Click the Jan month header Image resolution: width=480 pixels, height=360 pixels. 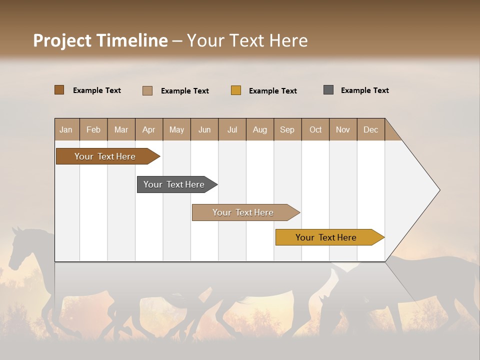(x=66, y=129)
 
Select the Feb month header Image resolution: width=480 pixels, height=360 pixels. (x=93, y=129)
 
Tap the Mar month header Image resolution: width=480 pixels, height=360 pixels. (x=121, y=129)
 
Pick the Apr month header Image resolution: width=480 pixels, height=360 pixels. (x=149, y=129)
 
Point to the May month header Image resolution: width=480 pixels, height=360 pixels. (x=176, y=129)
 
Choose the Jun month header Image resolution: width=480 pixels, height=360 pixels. (x=204, y=129)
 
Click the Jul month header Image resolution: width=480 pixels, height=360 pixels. (x=232, y=129)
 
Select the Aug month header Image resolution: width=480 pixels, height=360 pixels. (x=260, y=129)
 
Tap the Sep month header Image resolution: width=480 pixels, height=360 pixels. (x=287, y=129)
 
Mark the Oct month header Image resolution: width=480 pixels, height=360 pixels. (x=315, y=129)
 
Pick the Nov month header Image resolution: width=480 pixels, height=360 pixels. (x=343, y=129)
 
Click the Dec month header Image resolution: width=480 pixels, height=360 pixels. (x=370, y=129)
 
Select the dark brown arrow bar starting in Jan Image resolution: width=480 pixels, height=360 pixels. (x=105, y=156)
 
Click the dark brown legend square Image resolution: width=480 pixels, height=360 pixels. (x=59, y=90)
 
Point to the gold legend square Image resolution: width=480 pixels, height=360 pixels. (x=236, y=90)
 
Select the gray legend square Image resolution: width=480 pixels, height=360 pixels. (x=328, y=90)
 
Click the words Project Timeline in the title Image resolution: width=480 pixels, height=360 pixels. (x=100, y=40)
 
